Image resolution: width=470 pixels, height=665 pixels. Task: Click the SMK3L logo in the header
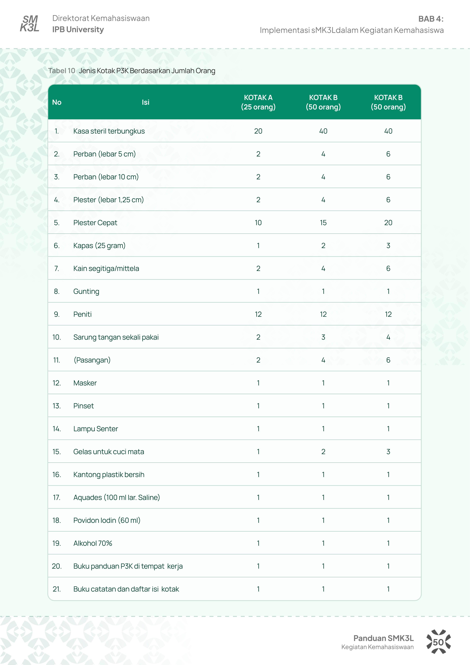(29, 23)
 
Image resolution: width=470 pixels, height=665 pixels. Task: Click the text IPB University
(78, 29)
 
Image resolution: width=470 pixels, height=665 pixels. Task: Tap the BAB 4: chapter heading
(431, 19)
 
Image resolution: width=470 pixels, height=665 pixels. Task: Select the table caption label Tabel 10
(62, 71)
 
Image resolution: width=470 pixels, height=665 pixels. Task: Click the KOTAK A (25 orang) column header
(258, 102)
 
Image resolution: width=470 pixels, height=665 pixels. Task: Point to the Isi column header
(145, 102)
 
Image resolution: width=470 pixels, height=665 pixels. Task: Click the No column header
(57, 102)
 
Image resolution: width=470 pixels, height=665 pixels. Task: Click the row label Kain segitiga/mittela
(106, 268)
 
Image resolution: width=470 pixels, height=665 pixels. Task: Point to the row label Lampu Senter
(96, 429)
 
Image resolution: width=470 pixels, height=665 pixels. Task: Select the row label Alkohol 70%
(93, 543)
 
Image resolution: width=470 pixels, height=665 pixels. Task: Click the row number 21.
(57, 589)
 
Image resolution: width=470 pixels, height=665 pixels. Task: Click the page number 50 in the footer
(438, 642)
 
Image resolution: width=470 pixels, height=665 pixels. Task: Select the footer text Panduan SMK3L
(383, 638)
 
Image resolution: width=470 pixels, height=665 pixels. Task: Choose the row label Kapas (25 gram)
(99, 246)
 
